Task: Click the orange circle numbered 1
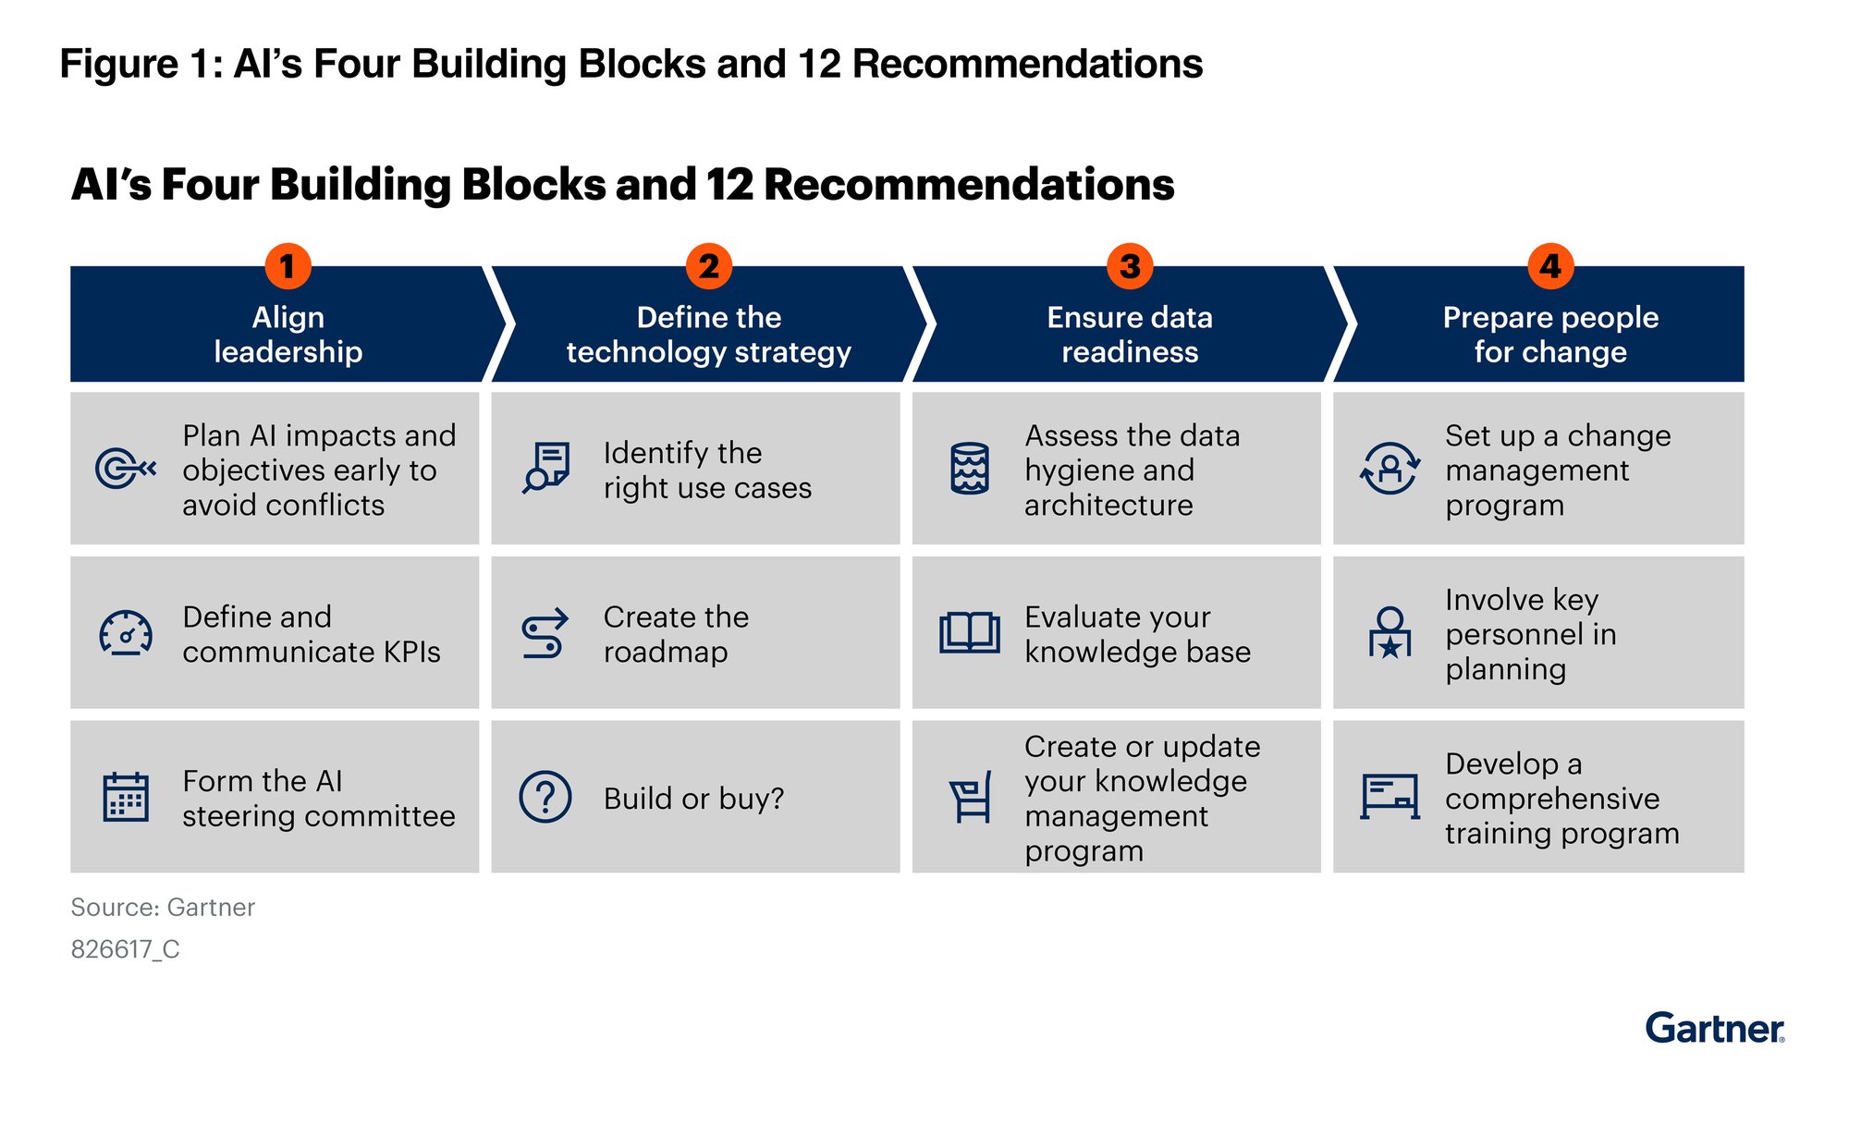coord(288,266)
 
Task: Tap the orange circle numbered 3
coord(1130,266)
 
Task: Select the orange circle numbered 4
coord(1550,266)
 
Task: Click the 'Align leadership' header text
coord(288,335)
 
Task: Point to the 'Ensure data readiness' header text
coord(1130,335)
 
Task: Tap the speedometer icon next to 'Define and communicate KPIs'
coord(126,633)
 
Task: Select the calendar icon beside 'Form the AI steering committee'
coord(126,797)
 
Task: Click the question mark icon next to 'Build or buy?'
coord(545,797)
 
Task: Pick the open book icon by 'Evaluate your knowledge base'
coord(969,633)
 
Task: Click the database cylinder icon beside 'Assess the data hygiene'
coord(970,469)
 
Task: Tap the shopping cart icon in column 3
coord(971,797)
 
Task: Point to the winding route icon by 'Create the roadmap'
coord(545,634)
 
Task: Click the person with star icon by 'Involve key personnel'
coord(1390,633)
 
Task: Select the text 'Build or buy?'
coord(693,799)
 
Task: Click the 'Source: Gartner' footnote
coord(163,908)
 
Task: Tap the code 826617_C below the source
coord(126,949)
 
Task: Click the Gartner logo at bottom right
coord(1714,1029)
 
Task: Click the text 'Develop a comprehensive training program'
coord(1561,799)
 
